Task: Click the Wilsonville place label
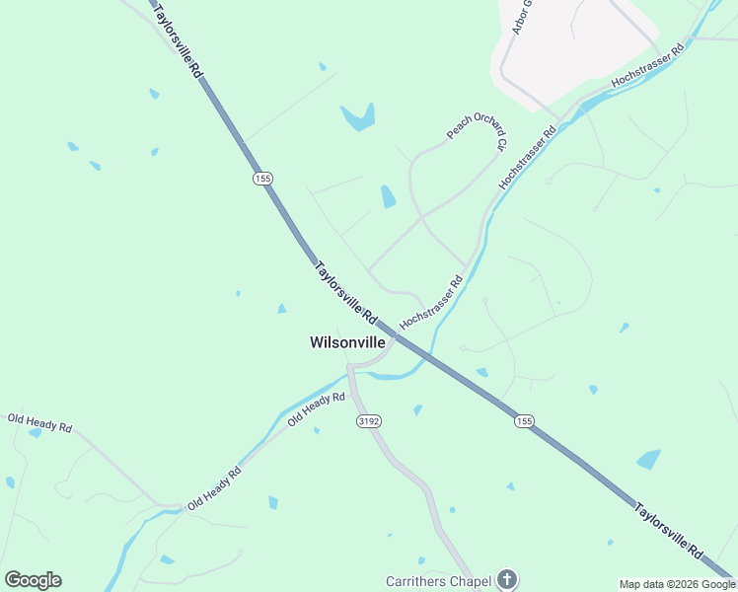pyautogui.click(x=347, y=343)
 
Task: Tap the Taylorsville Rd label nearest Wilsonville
pyautogui.click(x=344, y=292)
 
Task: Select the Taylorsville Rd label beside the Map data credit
pyautogui.click(x=669, y=532)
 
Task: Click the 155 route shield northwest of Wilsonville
pyautogui.click(x=261, y=179)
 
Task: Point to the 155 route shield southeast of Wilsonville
pyautogui.click(x=524, y=421)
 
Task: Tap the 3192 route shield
pyautogui.click(x=368, y=420)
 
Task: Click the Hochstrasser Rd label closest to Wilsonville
pyautogui.click(x=431, y=303)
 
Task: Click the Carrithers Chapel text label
pyautogui.click(x=438, y=581)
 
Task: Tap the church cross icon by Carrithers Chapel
pyautogui.click(x=506, y=579)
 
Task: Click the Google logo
pyautogui.click(x=33, y=580)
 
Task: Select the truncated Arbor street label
pyautogui.click(x=522, y=17)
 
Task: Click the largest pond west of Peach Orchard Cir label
pyautogui.click(x=358, y=118)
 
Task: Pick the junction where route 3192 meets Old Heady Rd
pyautogui.click(x=350, y=369)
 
